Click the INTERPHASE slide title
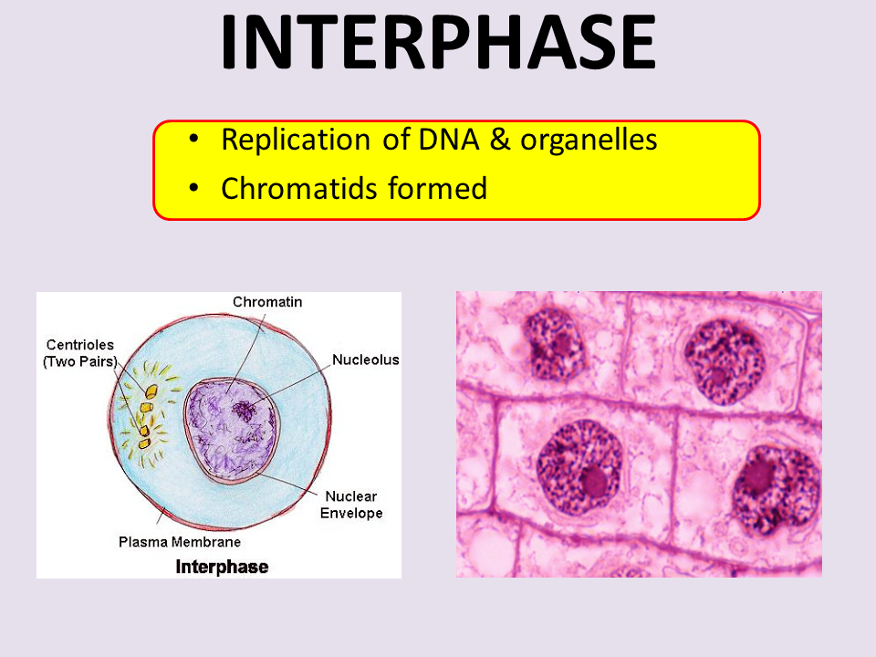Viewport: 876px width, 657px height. click(x=438, y=43)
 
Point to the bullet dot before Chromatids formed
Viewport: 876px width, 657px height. click(x=193, y=189)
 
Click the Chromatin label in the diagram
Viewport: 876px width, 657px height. click(x=267, y=302)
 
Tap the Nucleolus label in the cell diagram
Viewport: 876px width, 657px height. click(x=365, y=360)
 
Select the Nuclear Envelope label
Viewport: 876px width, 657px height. click(x=351, y=505)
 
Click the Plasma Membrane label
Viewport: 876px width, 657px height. click(x=180, y=541)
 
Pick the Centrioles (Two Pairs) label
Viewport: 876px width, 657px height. click(x=79, y=353)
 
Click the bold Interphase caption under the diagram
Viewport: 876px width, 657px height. click(x=222, y=567)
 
